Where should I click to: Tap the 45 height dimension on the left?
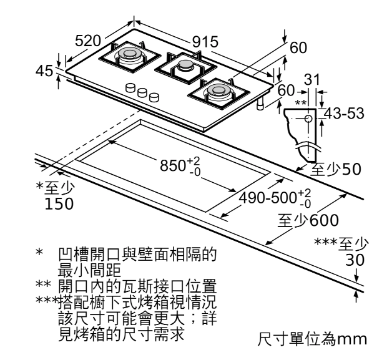coord(44,71)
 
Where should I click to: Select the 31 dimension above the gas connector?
coord(313,79)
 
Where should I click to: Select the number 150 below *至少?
coord(59,203)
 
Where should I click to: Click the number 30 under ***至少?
coord(355,260)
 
